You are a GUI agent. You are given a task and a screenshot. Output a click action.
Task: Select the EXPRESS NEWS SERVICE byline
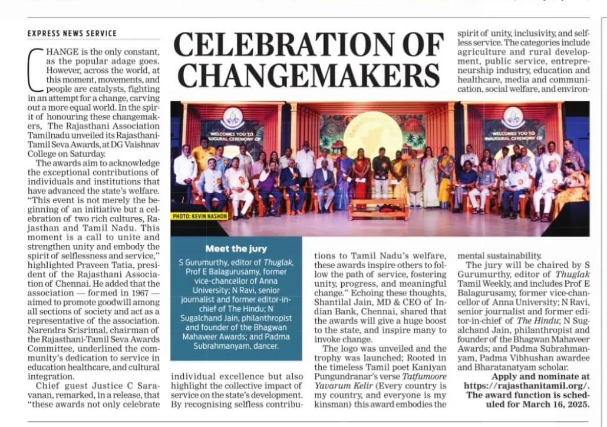(x=72, y=34)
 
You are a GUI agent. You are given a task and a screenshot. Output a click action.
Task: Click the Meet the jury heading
(x=236, y=249)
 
